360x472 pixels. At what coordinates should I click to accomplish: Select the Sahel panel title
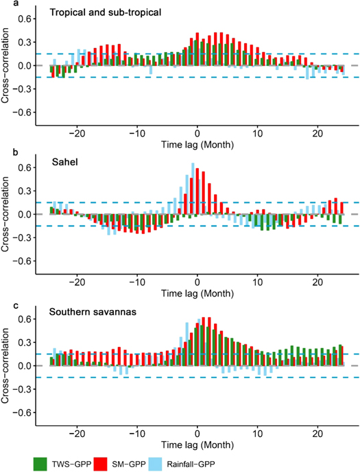click(65, 162)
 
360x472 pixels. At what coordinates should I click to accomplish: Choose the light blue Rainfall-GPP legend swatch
click(232, 463)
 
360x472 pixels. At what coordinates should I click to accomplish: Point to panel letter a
click(3, 3)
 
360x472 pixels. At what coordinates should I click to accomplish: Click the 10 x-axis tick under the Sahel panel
click(257, 282)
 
